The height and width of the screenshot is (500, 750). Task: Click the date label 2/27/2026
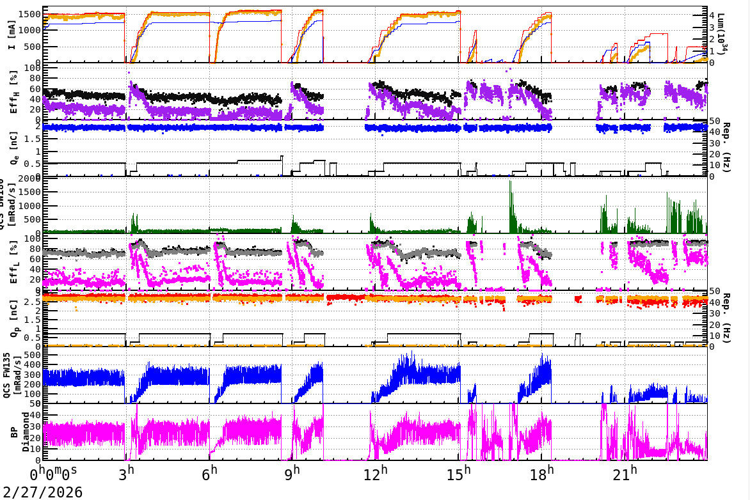[42, 492]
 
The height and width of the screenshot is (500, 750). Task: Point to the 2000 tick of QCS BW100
[29, 178]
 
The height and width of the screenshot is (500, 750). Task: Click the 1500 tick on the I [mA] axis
[29, 14]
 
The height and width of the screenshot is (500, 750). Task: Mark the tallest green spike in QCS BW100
[510, 182]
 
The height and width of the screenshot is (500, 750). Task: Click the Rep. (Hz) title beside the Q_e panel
[728, 148]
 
